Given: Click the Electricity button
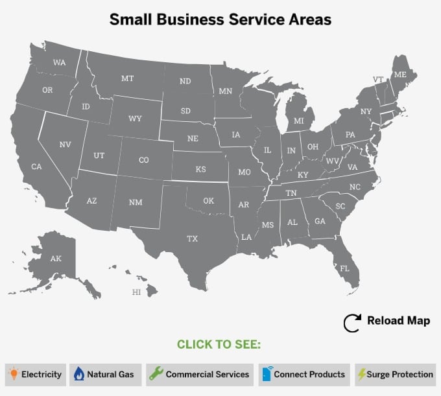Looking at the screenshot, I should pos(36,374).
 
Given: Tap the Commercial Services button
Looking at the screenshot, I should pos(200,374).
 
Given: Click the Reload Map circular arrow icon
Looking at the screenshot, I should pos(352,323).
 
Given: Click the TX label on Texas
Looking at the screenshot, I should pos(193,239).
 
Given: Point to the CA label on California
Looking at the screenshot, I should pos(36,167).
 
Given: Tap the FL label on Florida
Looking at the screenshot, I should pos(344,268).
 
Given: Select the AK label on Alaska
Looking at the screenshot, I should pos(56,259).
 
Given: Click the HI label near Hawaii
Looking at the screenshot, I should pos(136,292).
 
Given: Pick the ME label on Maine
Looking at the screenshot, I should pos(401,75).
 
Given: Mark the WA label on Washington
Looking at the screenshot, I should pos(60,63).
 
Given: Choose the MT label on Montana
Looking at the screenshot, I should pos(127,78).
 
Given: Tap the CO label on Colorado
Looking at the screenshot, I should pos(143,160).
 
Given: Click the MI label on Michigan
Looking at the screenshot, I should pos(299,121).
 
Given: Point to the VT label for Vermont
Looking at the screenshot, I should pos(378,79).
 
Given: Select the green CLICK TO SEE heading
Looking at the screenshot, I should pos(219,344).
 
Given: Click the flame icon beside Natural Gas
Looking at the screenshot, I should pos(78,374).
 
